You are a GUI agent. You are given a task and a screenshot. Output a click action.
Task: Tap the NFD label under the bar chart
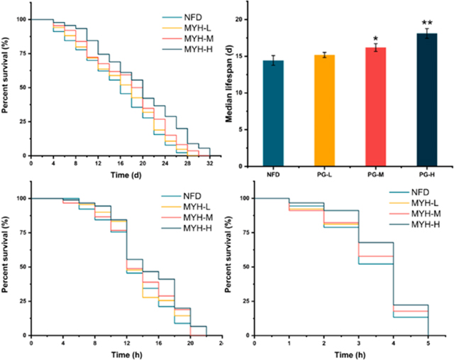click(x=273, y=173)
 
